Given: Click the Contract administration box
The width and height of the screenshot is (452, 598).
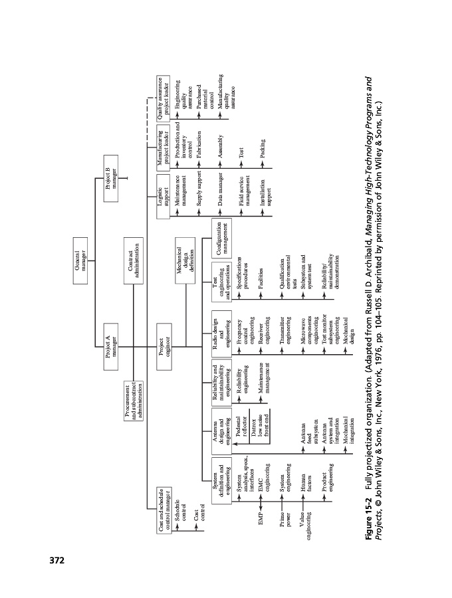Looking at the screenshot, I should pyautogui.click(x=133, y=257).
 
